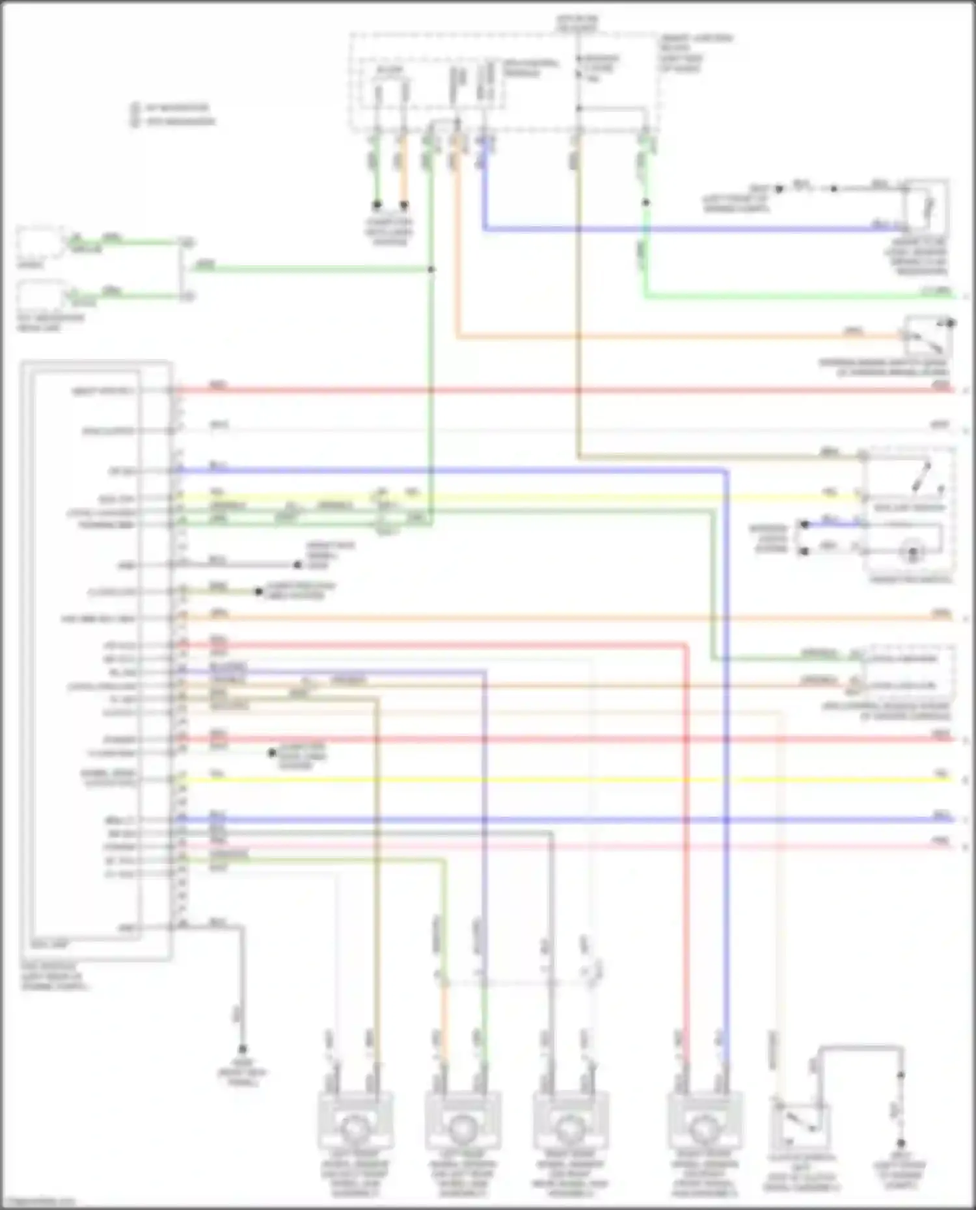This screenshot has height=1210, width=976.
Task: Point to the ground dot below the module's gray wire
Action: pos(242,1049)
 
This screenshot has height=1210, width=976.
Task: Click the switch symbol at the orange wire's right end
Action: pos(928,334)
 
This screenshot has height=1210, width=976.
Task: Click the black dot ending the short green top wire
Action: pos(377,205)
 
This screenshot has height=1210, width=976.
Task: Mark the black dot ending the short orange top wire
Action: pos(404,205)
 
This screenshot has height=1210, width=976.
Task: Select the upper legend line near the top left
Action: pos(172,108)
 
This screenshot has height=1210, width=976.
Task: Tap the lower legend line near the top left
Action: pos(172,122)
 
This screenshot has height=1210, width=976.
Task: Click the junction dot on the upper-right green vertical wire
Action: pos(645,203)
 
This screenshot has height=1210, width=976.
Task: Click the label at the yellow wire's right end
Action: pos(941,774)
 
